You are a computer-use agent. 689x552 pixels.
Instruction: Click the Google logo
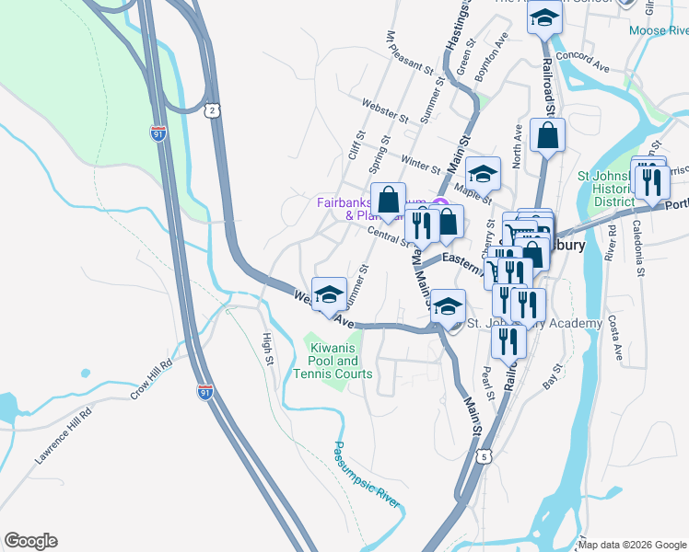30,541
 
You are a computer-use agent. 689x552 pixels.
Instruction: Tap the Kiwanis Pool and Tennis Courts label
333,361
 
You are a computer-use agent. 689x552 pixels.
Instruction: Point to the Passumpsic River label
367,475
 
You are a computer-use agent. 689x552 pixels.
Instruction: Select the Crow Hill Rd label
151,379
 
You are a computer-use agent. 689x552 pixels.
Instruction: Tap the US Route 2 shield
213,109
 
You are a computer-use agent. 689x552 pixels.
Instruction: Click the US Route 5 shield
485,455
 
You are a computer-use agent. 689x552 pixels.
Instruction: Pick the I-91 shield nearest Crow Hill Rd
204,393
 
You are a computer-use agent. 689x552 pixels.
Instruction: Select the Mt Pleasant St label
409,54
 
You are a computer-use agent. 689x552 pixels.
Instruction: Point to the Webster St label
385,111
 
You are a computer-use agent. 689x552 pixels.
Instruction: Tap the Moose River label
659,30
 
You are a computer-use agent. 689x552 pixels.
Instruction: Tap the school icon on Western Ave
329,293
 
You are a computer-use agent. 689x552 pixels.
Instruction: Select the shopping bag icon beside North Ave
547,136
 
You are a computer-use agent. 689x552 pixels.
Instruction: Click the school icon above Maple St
483,173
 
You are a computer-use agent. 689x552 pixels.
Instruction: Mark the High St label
269,347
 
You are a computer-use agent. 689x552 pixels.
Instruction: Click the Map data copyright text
632,545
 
